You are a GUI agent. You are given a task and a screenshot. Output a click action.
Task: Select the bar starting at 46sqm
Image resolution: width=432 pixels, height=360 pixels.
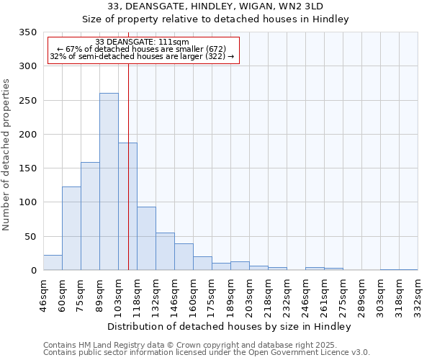click(53, 263)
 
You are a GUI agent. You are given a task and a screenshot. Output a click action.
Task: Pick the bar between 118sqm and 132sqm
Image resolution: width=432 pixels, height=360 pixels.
click(146, 238)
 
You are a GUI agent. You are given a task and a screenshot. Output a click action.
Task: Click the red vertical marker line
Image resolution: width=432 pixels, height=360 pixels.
click(128, 166)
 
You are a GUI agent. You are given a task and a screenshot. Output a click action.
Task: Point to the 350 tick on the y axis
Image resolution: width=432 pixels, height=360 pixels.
click(28, 32)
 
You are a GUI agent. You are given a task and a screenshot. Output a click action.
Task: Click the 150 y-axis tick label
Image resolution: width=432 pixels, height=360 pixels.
click(28, 168)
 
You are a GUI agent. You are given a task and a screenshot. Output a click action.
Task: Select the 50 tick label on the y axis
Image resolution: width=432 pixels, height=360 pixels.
click(31, 237)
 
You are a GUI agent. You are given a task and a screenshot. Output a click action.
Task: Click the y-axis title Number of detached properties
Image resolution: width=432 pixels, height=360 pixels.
click(7, 156)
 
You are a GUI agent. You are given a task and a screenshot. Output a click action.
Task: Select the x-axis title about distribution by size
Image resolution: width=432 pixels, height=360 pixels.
click(229, 326)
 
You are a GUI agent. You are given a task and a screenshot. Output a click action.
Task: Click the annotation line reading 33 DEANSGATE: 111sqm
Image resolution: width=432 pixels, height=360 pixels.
click(142, 42)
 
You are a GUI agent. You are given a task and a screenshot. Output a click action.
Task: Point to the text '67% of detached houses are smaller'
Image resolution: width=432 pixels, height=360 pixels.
click(142, 49)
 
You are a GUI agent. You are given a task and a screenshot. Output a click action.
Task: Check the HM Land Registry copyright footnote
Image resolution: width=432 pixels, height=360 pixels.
click(195, 346)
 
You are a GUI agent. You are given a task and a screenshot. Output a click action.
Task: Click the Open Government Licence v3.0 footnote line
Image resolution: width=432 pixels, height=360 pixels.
click(207, 353)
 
